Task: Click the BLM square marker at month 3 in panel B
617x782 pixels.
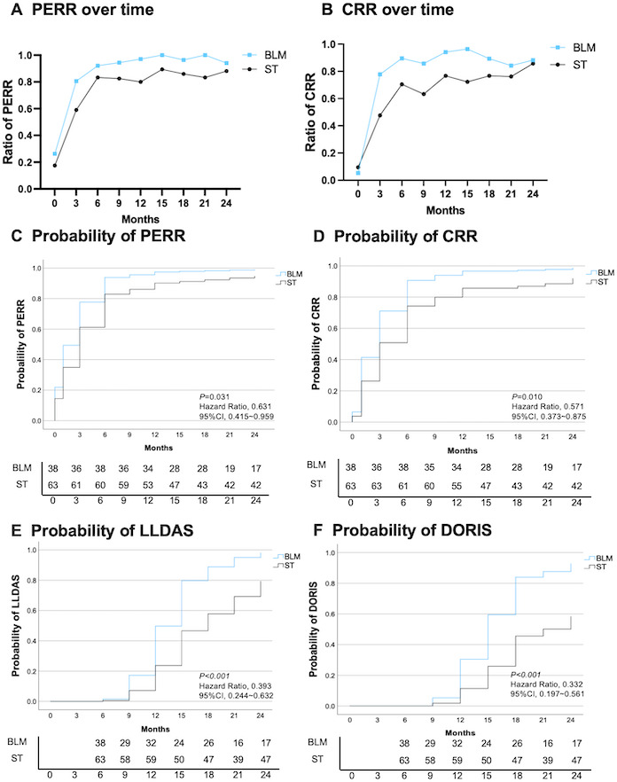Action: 380,74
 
